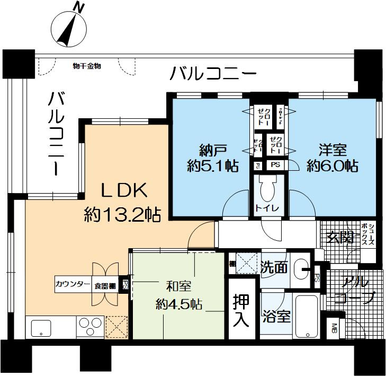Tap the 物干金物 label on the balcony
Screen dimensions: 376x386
pyautogui.click(x=87, y=66)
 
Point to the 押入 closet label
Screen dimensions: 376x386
pyautogui.click(x=243, y=310)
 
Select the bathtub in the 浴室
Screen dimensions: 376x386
pyautogui.click(x=306, y=317)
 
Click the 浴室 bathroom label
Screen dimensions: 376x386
pyautogui.click(x=276, y=317)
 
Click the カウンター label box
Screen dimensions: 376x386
pyautogui.click(x=73, y=285)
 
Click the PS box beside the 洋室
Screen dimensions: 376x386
pyautogui.click(x=276, y=165)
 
